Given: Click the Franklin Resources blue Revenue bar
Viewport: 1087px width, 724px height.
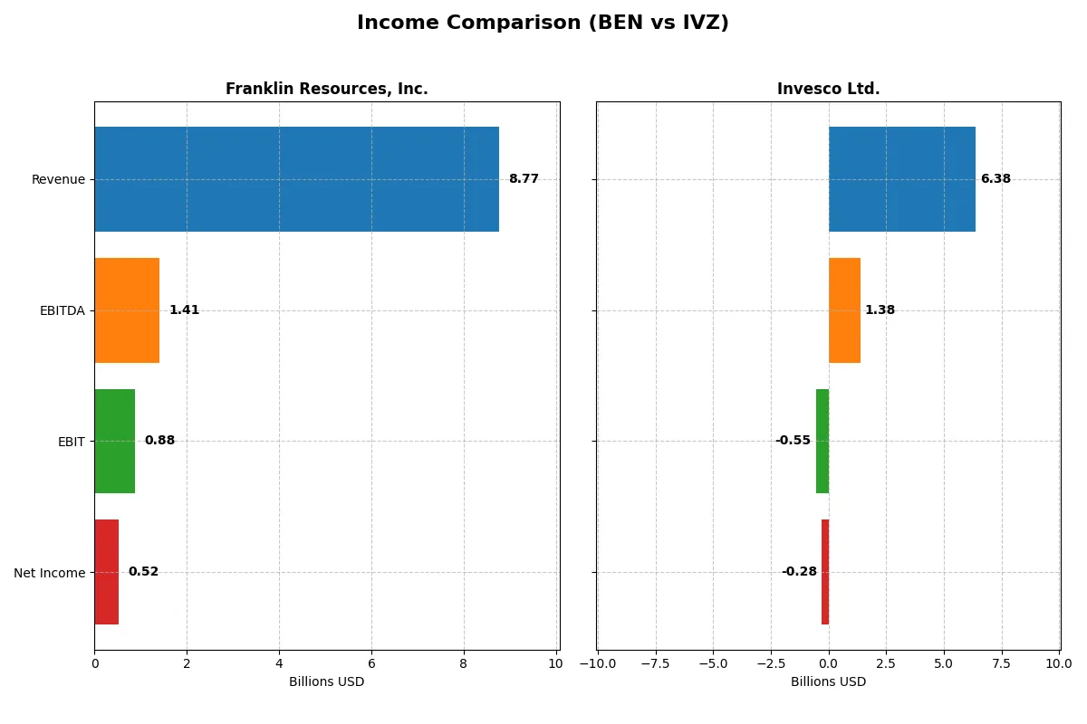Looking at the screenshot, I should [296, 179].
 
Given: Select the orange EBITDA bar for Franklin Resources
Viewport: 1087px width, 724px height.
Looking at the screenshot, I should [127, 310].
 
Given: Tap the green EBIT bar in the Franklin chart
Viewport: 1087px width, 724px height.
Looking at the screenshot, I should [114, 441].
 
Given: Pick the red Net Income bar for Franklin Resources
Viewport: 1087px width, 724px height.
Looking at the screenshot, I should [106, 572].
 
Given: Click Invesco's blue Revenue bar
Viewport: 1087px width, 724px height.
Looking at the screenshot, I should [901, 179].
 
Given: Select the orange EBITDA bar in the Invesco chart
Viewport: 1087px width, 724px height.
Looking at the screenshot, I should [844, 310].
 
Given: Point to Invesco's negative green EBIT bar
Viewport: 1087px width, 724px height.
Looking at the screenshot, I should [822, 441].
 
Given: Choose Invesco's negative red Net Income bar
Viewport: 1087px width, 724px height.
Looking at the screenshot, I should [825, 572].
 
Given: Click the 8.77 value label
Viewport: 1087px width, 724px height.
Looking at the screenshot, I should [524, 179].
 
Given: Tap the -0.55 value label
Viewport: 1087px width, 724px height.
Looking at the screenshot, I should [793, 441].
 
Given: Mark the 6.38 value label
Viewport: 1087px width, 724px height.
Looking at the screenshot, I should [996, 179].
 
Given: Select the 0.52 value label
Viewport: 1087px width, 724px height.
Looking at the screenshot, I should [143, 572].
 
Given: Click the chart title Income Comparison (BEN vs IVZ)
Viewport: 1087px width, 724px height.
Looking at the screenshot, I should [543, 23].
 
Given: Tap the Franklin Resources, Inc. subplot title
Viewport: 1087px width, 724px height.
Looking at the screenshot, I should [326, 89].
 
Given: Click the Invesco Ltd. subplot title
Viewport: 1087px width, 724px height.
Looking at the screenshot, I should [828, 89].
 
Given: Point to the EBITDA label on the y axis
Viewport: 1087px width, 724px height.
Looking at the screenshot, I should [62, 310].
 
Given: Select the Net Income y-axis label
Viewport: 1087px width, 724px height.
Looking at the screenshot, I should [49, 573].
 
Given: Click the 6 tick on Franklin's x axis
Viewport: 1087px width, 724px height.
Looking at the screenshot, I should [371, 663].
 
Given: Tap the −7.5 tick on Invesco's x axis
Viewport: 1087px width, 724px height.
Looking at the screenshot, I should [655, 663].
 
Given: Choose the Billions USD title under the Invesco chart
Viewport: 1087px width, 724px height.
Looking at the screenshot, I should [828, 681].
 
